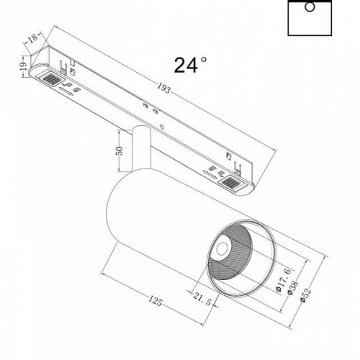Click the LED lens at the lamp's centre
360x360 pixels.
coord(220,252)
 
